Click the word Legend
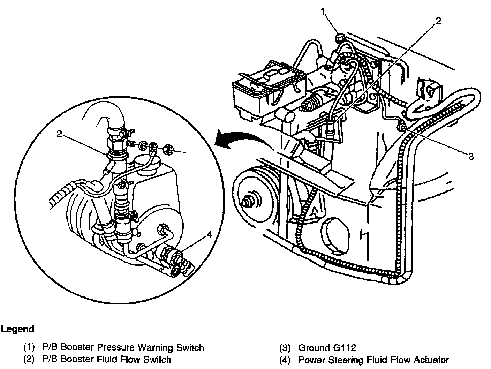[17, 329]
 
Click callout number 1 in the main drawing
[324, 12]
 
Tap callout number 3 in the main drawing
[471, 157]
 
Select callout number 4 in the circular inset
[209, 235]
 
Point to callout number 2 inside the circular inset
[60, 134]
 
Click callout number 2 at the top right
[438, 21]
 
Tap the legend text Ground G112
[327, 348]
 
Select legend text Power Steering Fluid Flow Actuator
[373, 360]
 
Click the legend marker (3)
[285, 348]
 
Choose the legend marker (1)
[29, 348]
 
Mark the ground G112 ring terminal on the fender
[402, 128]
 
